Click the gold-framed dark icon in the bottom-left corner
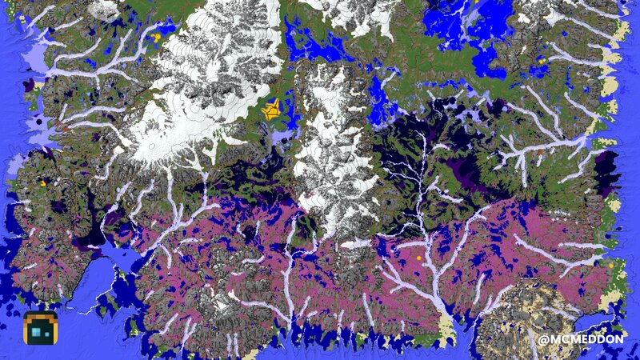point(38,328)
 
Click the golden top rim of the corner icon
point(38,314)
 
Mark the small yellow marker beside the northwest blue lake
point(157,36)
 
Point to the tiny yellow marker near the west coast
point(43,184)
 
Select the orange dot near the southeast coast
point(610,264)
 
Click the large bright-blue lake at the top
point(460,24)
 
